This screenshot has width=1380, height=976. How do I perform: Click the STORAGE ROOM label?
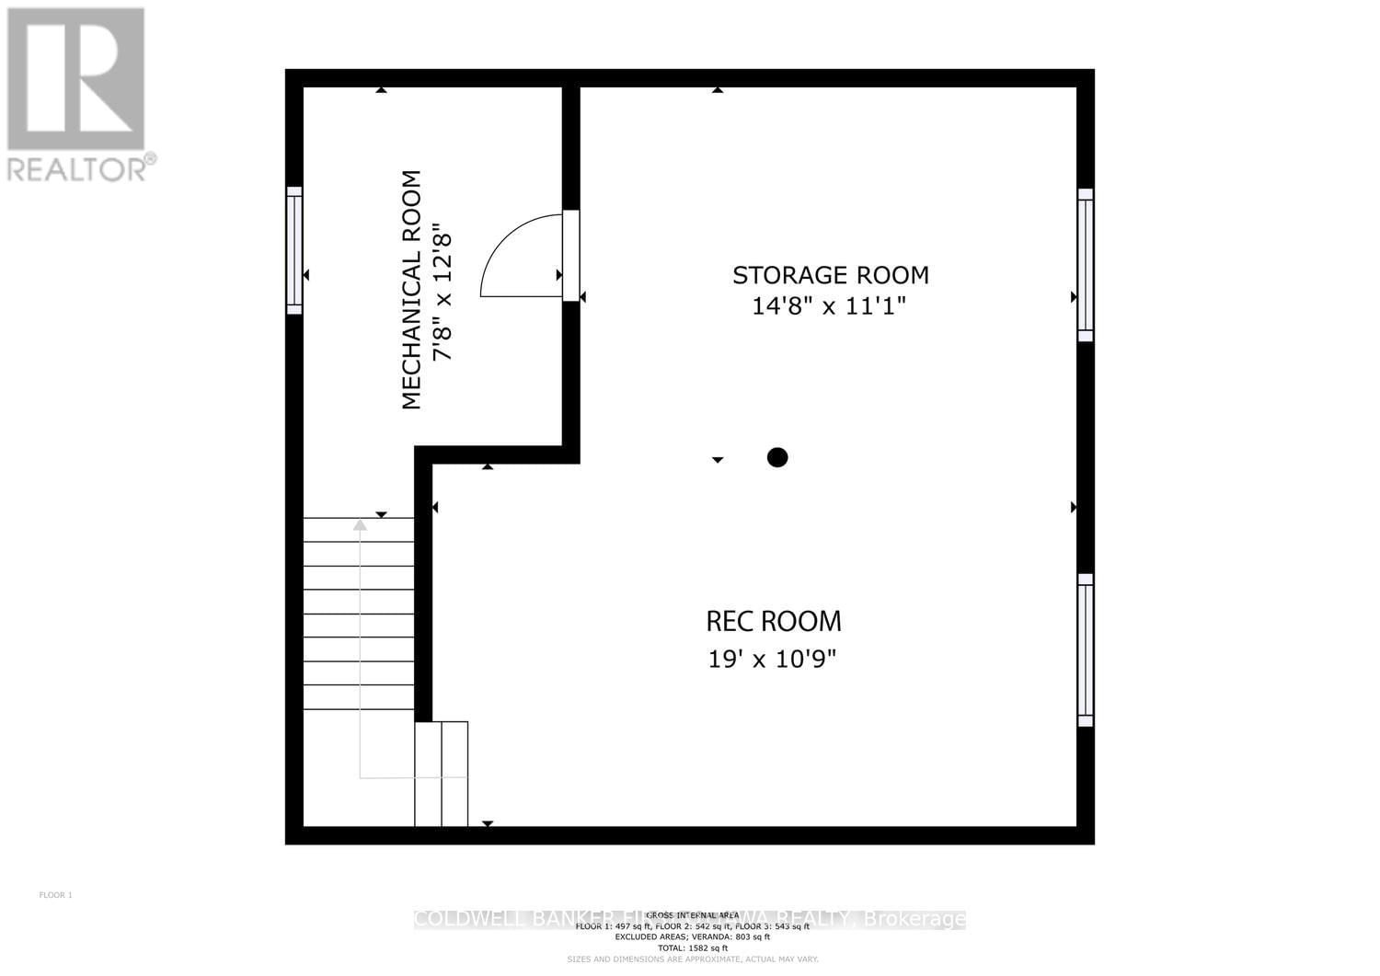[830, 275]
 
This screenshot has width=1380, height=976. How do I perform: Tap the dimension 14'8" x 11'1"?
[829, 306]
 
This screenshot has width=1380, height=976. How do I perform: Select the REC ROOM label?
[773, 622]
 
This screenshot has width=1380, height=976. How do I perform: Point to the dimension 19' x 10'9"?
[773, 659]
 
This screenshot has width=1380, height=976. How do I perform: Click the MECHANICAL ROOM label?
[411, 290]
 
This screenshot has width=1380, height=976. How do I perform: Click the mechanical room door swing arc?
[515, 258]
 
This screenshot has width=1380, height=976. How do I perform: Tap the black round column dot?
[777, 457]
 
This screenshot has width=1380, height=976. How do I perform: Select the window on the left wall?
[294, 250]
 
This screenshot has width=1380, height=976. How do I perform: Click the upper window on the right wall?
[1086, 265]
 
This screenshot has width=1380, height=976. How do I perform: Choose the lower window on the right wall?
[1086, 649]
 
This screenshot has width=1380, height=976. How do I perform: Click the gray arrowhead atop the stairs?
[360, 524]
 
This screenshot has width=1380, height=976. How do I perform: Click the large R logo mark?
[75, 78]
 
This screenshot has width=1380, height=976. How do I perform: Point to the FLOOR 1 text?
[55, 895]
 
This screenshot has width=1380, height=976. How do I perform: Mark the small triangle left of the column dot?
[718, 459]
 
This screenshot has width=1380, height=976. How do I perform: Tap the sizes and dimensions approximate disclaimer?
[692, 959]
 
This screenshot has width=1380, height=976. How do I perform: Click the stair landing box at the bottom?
[442, 774]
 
